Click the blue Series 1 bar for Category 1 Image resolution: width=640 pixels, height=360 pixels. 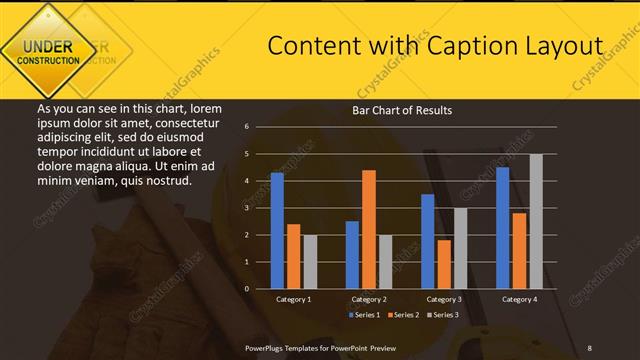(x=277, y=231)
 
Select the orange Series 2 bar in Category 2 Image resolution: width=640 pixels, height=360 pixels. (x=369, y=229)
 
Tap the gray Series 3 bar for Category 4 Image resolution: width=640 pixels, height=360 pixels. (x=536, y=221)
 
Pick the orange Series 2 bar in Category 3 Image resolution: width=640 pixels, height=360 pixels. (x=444, y=264)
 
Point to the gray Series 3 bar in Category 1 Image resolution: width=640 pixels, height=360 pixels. (x=310, y=262)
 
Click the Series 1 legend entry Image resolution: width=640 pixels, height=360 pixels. (x=364, y=315)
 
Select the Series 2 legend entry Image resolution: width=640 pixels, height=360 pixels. (x=403, y=315)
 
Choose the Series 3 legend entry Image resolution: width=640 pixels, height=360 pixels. (x=442, y=315)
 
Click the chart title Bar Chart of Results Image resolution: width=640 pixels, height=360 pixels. (x=402, y=110)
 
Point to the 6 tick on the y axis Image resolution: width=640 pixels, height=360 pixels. (x=247, y=127)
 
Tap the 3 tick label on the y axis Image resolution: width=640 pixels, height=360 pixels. (x=247, y=208)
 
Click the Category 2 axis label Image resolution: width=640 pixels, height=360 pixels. (x=369, y=299)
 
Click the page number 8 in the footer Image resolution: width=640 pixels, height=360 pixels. (x=590, y=346)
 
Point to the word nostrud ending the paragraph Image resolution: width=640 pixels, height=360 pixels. (x=167, y=181)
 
